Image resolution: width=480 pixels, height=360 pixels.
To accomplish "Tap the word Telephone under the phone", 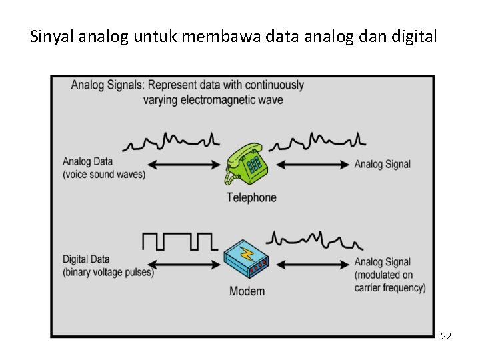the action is pos(251,197).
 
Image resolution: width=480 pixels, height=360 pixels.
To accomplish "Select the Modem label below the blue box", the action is pos(247,291).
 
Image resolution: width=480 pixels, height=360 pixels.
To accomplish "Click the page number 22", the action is pos(446,337).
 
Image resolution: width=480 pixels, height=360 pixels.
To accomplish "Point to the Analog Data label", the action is pos(87,161).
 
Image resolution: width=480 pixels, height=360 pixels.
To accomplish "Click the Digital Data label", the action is pos(86,259).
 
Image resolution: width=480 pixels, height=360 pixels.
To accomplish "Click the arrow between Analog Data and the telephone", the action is pos(183,165).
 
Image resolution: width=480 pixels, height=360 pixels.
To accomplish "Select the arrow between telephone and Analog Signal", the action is pos(312,165).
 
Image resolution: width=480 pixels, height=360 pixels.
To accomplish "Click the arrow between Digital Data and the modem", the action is pos(183,264).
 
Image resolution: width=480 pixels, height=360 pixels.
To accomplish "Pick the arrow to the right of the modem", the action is pos(312,264).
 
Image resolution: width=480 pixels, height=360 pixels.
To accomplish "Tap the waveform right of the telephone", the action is pos(321,141).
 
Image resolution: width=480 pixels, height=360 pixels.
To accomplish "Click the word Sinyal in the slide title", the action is pos(52,37).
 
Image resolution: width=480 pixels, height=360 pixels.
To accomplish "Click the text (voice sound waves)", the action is pos(104,175).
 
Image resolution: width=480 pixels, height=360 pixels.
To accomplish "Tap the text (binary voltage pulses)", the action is pos(108,272).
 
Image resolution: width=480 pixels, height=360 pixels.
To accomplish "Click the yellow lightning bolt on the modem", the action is pos(247,254).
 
